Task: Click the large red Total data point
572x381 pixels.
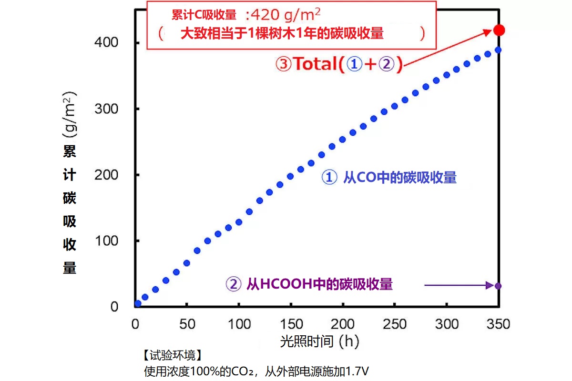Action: coord(499,30)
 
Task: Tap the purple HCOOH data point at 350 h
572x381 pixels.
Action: coord(498,286)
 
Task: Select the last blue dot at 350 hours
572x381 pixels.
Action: coord(498,50)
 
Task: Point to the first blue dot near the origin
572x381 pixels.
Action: coord(138,303)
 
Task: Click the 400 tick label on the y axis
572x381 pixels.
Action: coord(107,43)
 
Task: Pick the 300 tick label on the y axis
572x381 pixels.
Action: coord(107,109)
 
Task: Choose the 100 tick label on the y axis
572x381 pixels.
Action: coord(107,241)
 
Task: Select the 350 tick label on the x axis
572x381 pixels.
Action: coord(498,324)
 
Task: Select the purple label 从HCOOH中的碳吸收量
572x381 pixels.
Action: coord(319,284)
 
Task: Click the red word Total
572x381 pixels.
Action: coord(315,64)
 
